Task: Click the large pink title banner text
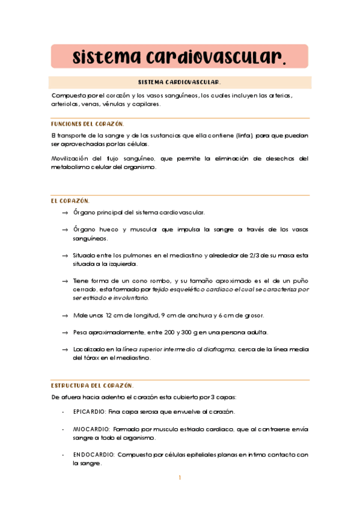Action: point(179,57)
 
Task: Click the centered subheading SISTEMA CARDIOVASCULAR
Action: point(179,82)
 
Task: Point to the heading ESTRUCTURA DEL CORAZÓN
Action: point(92,385)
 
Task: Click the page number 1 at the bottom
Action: point(180,478)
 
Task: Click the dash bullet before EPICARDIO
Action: point(63,412)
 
